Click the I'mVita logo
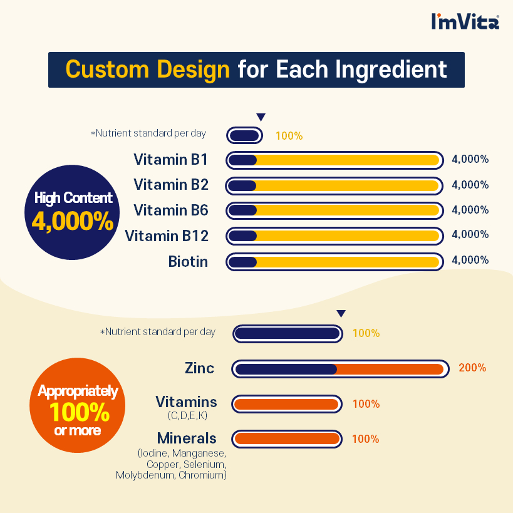[x=465, y=21]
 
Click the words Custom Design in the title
[x=148, y=70]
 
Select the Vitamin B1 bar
[x=334, y=160]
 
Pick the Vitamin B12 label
[x=167, y=236]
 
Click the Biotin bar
[x=334, y=262]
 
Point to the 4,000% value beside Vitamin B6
[x=470, y=210]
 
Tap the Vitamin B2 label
[x=171, y=185]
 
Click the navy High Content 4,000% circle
[x=72, y=212]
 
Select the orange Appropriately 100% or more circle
[x=77, y=405]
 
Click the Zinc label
[x=199, y=368]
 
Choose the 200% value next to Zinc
[x=472, y=368]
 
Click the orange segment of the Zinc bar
[x=389, y=369]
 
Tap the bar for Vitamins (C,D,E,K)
[x=287, y=404]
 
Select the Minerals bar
[x=287, y=439]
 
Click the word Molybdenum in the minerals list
[x=145, y=475]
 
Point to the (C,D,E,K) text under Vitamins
[x=187, y=415]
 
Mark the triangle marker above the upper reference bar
[x=261, y=117]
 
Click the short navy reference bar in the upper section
[x=244, y=135]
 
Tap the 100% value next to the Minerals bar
[x=365, y=439]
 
